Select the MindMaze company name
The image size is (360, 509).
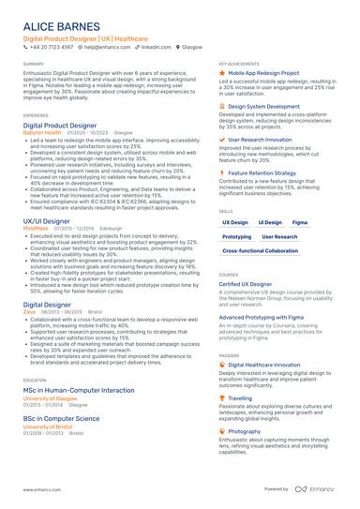(36, 227)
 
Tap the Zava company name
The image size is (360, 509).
(30, 312)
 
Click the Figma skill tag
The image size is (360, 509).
(300, 222)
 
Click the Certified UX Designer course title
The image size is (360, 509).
(247, 283)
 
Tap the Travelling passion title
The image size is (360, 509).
(240, 397)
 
